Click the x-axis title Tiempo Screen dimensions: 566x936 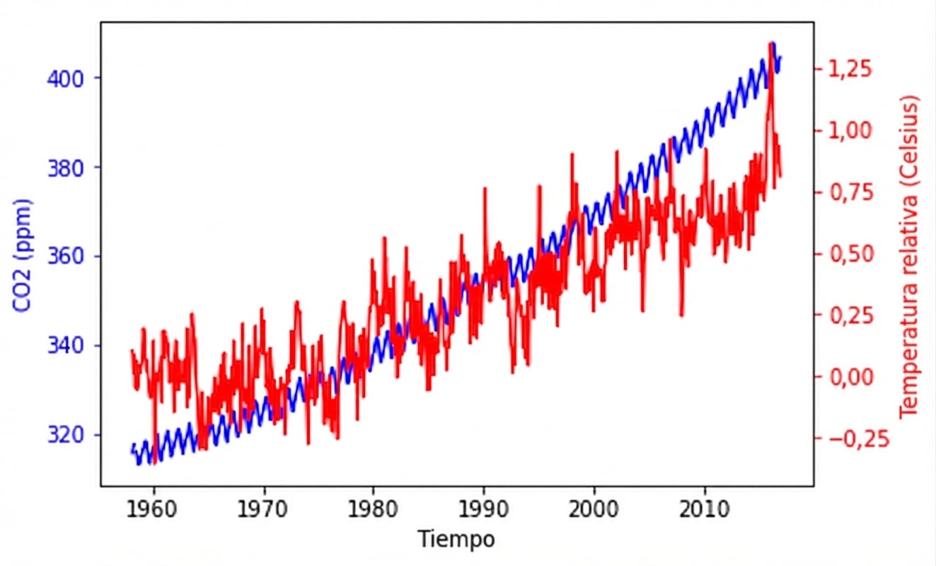coord(456,539)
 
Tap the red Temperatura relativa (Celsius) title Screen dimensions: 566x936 coord(910,256)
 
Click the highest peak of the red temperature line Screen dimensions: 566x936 coord(770,44)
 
